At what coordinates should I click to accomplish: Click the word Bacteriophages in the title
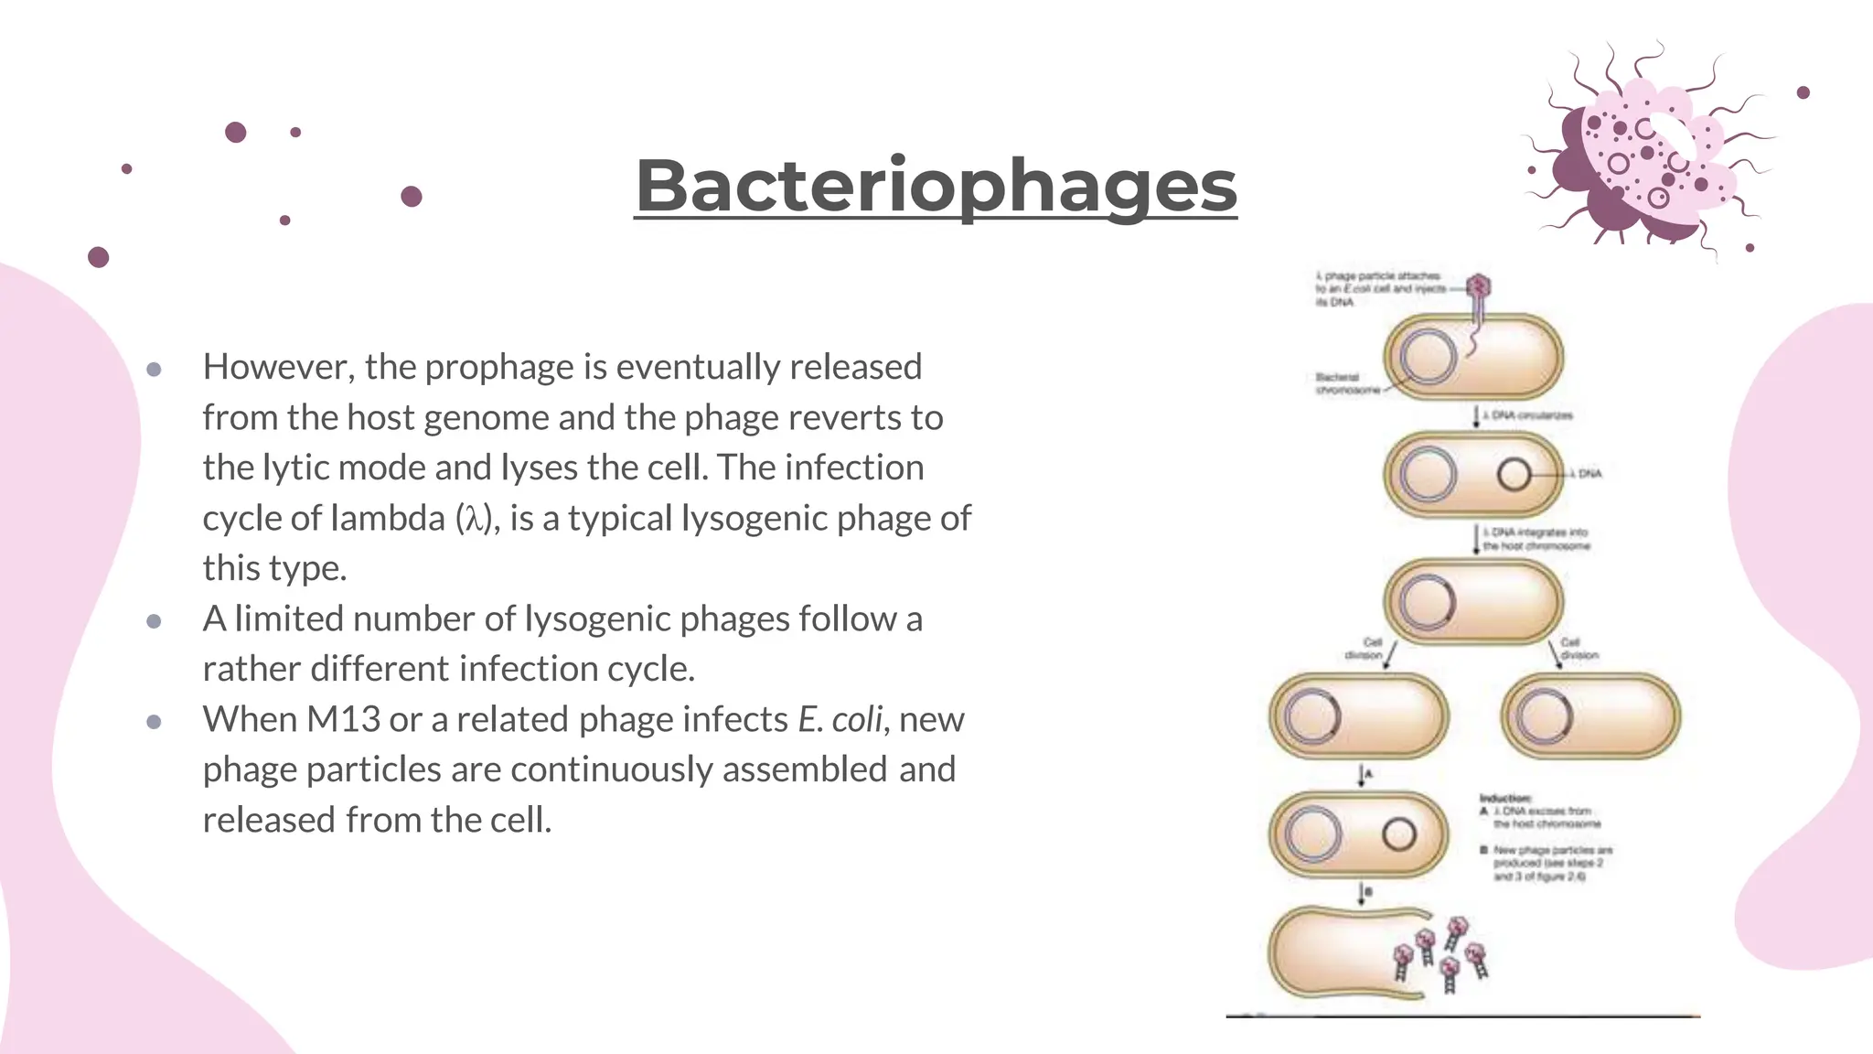[x=936, y=186]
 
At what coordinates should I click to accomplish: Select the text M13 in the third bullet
[x=343, y=720]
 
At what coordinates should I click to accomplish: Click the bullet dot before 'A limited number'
[x=154, y=622]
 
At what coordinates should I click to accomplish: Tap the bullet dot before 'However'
[x=154, y=370]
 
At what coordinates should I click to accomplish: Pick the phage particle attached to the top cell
[x=1478, y=288]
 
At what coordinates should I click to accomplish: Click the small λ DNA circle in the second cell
[x=1514, y=474]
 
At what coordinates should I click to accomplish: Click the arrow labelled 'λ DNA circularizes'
[x=1476, y=416]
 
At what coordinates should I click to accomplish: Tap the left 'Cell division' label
[x=1365, y=649]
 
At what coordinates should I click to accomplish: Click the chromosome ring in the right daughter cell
[x=1546, y=716]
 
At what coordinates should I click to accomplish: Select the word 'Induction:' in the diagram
[x=1504, y=799]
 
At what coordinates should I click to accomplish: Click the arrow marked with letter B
[x=1362, y=893]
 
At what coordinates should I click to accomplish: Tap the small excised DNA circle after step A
[x=1398, y=834]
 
